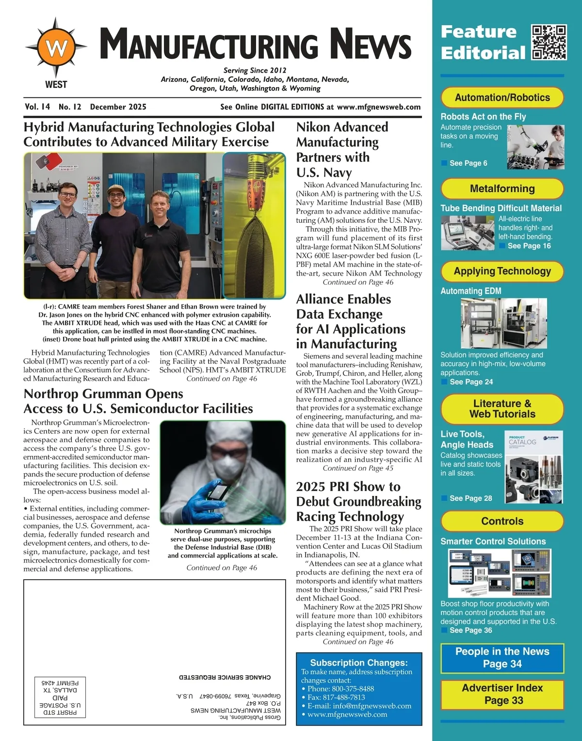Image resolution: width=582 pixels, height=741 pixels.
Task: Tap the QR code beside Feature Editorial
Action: point(549,42)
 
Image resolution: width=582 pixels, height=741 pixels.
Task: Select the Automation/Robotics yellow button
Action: point(502,97)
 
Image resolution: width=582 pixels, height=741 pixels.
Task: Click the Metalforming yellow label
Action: point(502,188)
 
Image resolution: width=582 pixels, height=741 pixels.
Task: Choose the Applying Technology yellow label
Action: point(502,271)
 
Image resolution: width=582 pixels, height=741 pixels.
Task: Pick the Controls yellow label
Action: point(502,521)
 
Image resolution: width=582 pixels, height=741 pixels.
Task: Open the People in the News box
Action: point(502,658)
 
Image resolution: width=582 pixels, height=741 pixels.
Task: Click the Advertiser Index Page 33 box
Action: point(502,694)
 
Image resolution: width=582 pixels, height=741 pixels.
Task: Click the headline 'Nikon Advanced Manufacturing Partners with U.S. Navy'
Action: point(342,150)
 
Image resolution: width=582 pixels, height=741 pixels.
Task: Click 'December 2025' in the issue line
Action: point(118,107)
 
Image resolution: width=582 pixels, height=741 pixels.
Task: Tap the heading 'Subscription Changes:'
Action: point(359,663)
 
